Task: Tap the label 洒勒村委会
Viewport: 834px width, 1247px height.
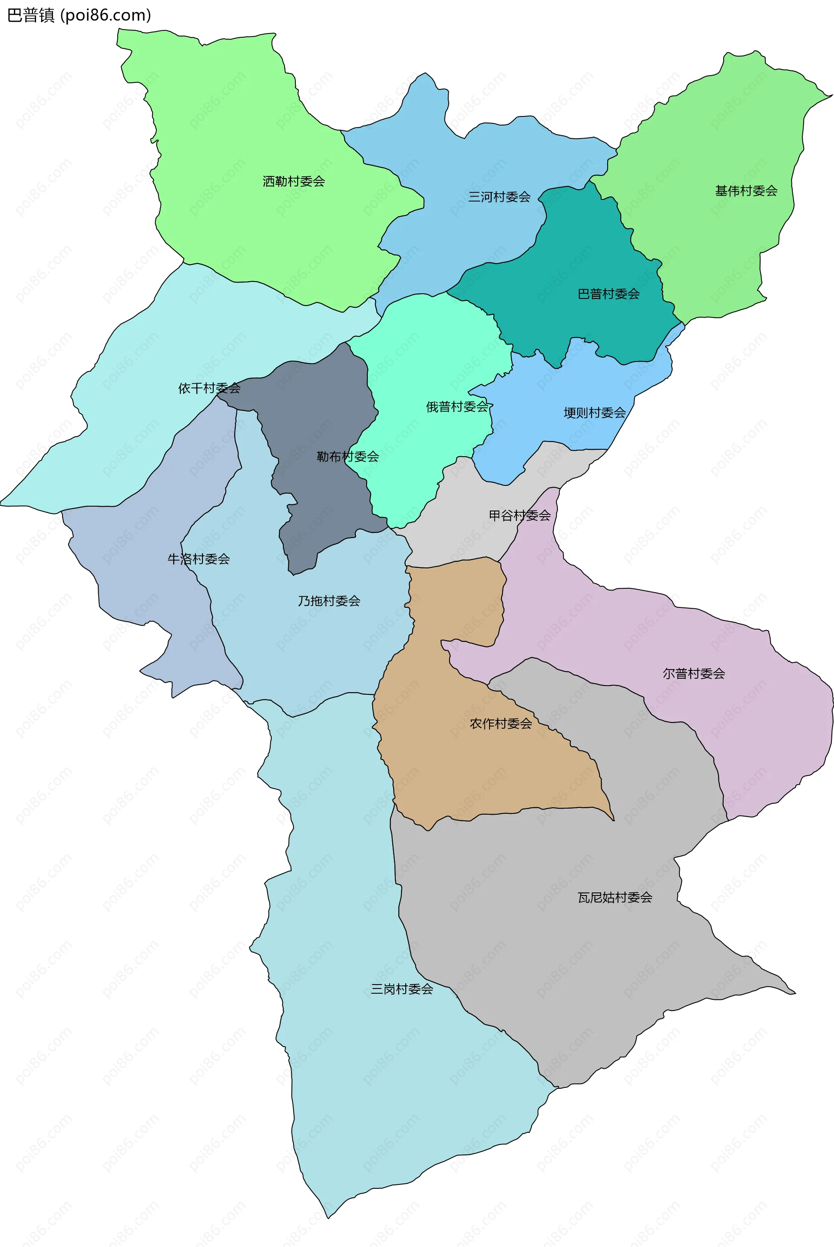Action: click(x=294, y=182)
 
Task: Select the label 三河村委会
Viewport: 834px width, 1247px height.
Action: click(x=499, y=197)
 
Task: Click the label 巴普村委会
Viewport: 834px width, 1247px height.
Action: click(x=609, y=294)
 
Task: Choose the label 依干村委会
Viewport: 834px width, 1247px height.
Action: click(x=209, y=388)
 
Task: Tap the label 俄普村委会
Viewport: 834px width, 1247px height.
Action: click(x=457, y=407)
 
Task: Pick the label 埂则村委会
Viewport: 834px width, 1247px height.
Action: click(x=594, y=413)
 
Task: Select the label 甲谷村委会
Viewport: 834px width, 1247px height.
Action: click(x=520, y=515)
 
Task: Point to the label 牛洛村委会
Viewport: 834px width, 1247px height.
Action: click(x=199, y=559)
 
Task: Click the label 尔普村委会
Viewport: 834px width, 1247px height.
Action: click(x=694, y=673)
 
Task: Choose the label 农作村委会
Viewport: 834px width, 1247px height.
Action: click(x=500, y=723)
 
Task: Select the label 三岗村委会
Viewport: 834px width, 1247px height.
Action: click(x=401, y=989)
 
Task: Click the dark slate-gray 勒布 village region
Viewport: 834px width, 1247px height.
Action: click(x=319, y=405)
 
